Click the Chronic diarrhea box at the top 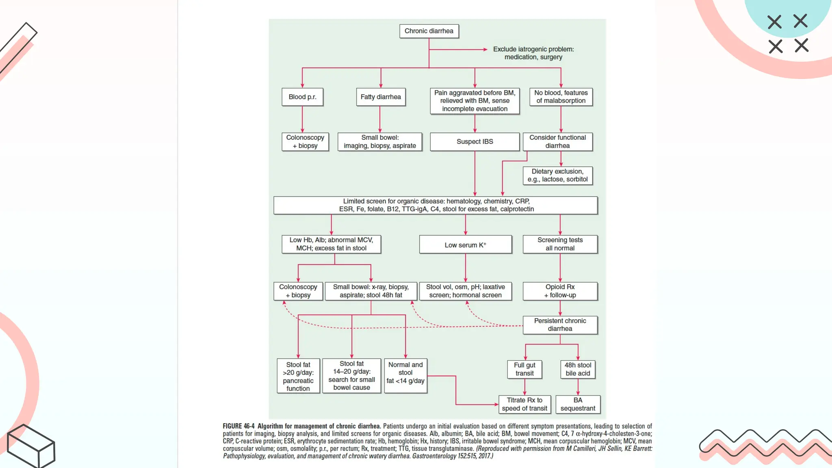(x=429, y=31)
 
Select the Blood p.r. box (x=302, y=97)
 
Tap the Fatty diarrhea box (x=381, y=97)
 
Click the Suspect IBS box (x=474, y=142)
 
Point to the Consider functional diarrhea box (x=557, y=142)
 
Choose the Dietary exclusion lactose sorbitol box (x=557, y=175)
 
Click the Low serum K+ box (x=465, y=245)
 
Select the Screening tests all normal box (x=560, y=244)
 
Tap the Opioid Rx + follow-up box (x=560, y=291)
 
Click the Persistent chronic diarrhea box (x=560, y=325)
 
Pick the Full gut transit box (x=524, y=369)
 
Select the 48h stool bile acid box (x=578, y=369)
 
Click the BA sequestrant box (x=578, y=405)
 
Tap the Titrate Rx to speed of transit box (x=524, y=405)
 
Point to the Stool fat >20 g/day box (x=298, y=376)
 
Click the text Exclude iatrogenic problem (x=533, y=50)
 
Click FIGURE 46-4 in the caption (x=238, y=426)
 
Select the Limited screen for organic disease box (x=435, y=206)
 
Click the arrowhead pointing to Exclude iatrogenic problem (x=485, y=50)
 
